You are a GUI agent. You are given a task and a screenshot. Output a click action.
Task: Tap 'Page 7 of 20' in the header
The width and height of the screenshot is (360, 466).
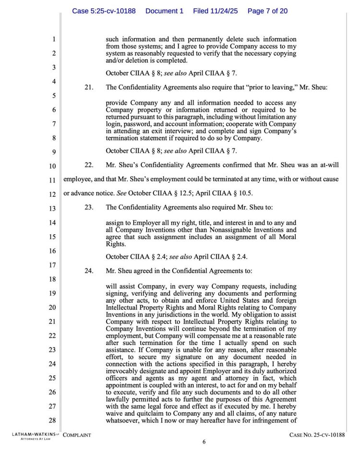(267, 11)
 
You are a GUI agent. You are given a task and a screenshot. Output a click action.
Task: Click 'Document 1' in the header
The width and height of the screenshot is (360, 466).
(164, 11)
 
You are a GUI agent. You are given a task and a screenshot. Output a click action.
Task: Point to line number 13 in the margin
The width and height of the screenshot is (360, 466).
(53, 208)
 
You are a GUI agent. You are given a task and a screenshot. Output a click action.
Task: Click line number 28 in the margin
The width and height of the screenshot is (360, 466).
(53, 420)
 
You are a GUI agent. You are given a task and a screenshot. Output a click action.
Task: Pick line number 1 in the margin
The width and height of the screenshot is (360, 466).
(54, 39)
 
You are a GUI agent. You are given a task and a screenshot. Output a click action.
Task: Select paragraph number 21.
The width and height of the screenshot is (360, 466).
(89, 87)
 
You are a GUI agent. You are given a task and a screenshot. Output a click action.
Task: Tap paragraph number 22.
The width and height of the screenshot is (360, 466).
(89, 165)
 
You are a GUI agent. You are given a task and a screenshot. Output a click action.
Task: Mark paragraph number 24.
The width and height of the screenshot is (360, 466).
(89, 271)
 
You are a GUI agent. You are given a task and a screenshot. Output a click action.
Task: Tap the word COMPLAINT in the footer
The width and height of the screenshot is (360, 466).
(77, 435)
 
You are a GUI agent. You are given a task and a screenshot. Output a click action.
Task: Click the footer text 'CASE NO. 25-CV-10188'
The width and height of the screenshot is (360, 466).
(317, 435)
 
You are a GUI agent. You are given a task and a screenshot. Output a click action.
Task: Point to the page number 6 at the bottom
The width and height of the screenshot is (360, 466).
(204, 442)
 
